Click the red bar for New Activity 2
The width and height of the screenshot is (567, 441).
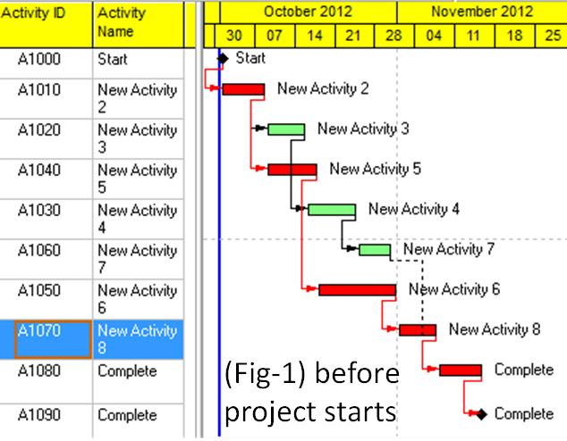pos(243,88)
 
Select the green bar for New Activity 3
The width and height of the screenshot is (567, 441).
pos(286,129)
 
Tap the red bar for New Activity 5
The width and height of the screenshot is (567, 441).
pos(292,170)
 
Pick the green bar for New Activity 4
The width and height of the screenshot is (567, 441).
pos(332,210)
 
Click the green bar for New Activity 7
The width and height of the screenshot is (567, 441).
pos(375,250)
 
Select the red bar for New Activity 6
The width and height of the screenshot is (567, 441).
pos(357,290)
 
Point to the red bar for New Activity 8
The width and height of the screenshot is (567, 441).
pos(418,330)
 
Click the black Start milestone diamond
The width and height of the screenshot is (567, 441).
pos(224,59)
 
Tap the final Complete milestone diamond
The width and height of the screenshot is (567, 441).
pos(481,414)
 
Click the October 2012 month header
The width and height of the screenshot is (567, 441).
pos(308,12)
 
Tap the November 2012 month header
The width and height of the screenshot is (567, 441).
pos(481,12)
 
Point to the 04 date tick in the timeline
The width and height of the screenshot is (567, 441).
pos(434,36)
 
